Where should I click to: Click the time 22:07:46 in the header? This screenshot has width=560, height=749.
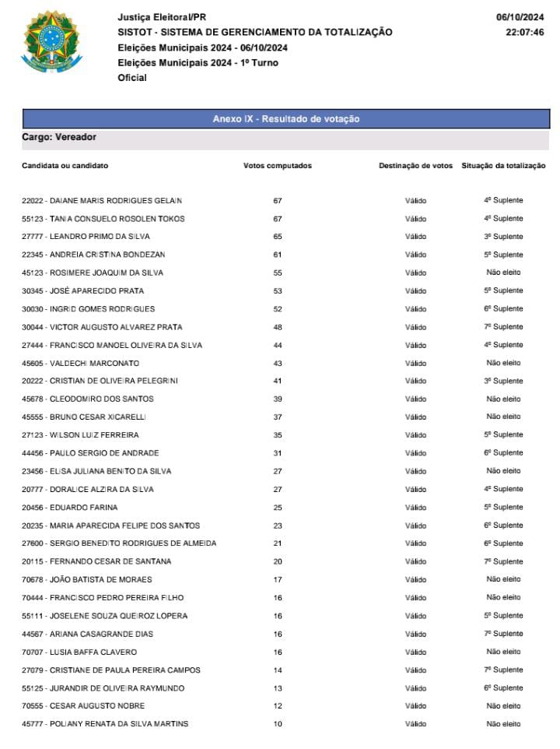point(524,33)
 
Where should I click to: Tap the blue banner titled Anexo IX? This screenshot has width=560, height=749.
point(286,119)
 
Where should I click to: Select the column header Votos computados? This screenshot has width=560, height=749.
point(278,166)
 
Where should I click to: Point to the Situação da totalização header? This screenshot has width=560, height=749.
point(503,166)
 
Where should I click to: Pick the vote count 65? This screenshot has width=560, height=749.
point(278,237)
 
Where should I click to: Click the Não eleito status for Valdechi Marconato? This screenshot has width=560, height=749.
point(503,363)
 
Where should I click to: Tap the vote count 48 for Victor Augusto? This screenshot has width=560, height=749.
point(278,327)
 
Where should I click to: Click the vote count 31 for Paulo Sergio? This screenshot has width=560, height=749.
point(278,453)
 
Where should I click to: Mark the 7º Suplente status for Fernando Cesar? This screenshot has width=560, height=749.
point(503,561)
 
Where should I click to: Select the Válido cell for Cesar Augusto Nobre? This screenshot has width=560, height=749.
point(415,706)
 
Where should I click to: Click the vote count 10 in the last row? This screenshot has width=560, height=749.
point(278,724)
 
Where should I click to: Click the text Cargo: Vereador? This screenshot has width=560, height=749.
point(59,137)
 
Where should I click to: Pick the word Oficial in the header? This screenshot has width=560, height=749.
point(132,78)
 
